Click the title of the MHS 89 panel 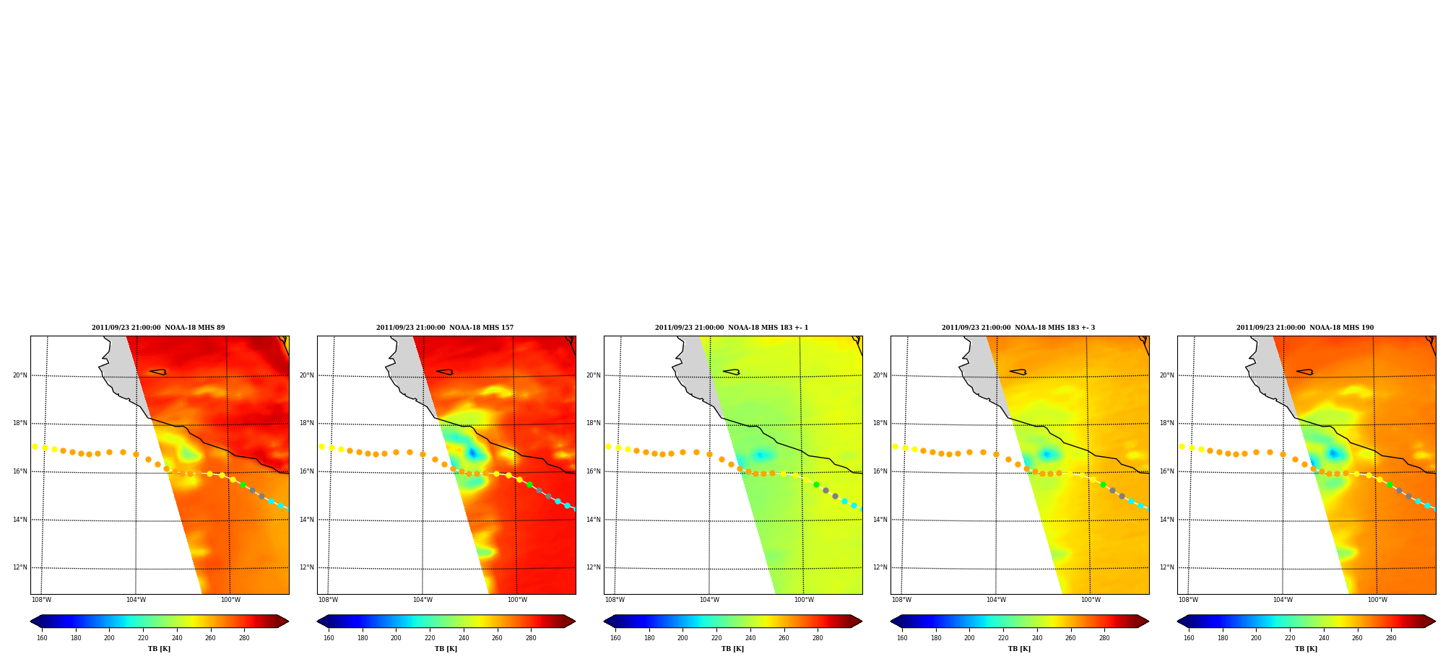158,328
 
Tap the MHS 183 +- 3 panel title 1018,328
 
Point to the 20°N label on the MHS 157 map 307,375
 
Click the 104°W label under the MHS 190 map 1283,600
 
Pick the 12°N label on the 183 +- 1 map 594,567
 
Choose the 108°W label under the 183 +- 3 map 901,600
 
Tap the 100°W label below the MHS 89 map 230,600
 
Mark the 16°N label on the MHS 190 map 1167,471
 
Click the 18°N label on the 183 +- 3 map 880,424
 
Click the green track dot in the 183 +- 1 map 816,485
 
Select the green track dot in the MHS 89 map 243,485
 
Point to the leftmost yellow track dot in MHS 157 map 321,446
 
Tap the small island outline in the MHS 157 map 445,372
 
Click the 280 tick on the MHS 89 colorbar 244,637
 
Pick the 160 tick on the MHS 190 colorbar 1189,637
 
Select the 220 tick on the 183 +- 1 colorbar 716,637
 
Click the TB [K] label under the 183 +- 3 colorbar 1019,649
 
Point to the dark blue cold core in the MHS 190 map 1333,453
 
